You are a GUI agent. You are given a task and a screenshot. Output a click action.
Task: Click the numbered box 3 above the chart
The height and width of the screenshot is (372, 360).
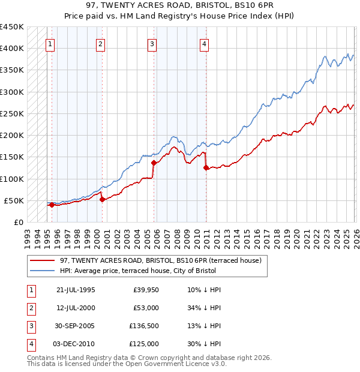[x=152, y=43]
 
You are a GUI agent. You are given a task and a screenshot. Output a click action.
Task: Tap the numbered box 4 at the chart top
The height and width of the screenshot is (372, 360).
[x=205, y=43]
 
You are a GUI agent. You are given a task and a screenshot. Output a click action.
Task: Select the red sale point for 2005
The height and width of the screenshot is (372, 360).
[x=154, y=163]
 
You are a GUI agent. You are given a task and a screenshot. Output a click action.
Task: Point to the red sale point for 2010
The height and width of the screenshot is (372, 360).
[x=206, y=168]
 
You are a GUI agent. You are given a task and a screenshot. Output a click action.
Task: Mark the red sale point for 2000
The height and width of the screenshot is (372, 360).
[x=102, y=199]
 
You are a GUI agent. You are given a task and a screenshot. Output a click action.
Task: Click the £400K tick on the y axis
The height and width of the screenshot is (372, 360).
[x=11, y=49]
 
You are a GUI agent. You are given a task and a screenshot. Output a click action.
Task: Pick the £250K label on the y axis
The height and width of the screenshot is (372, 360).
[x=11, y=113]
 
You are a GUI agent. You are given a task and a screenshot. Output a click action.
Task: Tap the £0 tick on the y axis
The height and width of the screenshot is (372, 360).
[x=18, y=222]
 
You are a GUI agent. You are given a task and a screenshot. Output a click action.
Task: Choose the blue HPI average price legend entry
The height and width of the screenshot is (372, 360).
[x=163, y=271]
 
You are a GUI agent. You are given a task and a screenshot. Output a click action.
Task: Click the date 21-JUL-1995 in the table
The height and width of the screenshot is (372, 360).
[x=76, y=290]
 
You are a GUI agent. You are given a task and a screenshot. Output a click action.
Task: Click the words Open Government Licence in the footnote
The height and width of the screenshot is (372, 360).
[x=170, y=364]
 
